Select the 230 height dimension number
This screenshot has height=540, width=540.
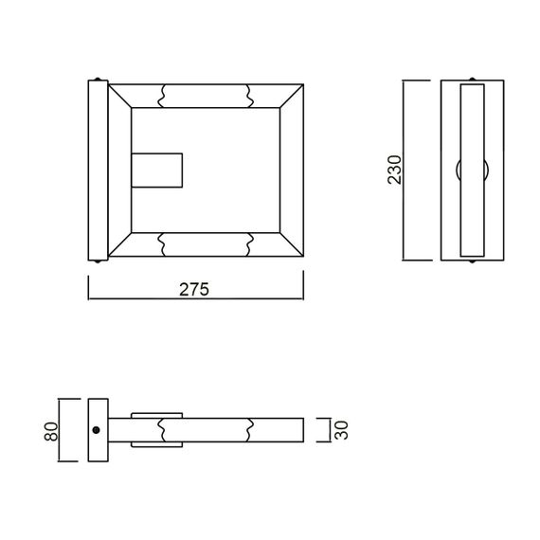pyautogui.click(x=396, y=169)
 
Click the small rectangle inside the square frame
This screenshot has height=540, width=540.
pyautogui.click(x=157, y=171)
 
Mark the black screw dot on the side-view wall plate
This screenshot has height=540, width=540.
pyautogui.click(x=97, y=430)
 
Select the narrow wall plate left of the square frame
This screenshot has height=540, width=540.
pyautogui.click(x=98, y=170)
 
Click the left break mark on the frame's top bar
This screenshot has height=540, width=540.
pyautogui.click(x=164, y=96)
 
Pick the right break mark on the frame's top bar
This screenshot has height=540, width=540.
pyautogui.click(x=248, y=96)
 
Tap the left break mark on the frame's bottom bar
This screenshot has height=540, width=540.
pyautogui.click(x=164, y=243)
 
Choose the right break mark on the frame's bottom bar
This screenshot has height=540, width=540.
pyautogui.click(x=248, y=243)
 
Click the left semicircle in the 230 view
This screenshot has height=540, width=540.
pyautogui.click(x=458, y=171)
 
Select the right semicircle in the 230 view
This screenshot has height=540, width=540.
pyautogui.click(x=486, y=171)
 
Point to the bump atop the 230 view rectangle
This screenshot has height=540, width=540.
pyautogui.click(x=472, y=78)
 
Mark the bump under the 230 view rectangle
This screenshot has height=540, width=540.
pyautogui.click(x=472, y=261)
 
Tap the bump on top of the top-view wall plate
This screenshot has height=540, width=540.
pyautogui.click(x=98, y=78)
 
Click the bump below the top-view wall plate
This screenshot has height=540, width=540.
pyautogui.click(x=98, y=261)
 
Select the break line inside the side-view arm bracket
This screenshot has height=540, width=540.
pyautogui.click(x=164, y=430)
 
